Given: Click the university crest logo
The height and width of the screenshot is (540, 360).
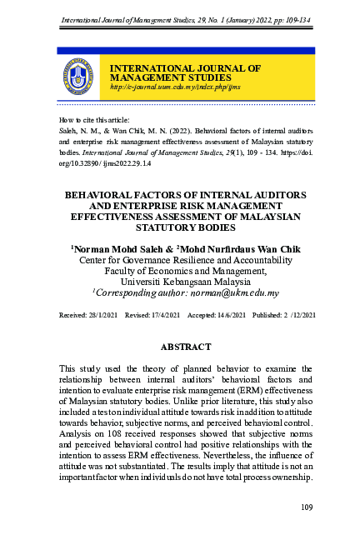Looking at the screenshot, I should point(78,77).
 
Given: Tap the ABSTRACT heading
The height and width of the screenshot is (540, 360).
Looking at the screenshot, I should point(180,345).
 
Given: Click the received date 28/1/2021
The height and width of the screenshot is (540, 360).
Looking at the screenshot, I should point(99,317).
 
